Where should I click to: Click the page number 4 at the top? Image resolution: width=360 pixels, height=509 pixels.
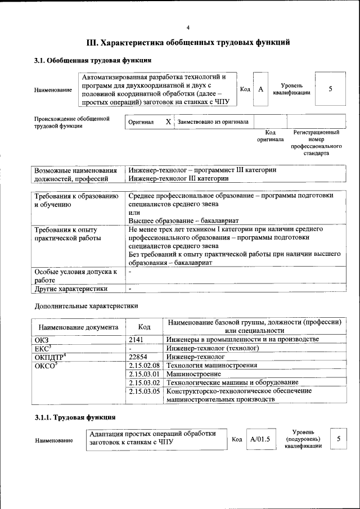tap(188, 28)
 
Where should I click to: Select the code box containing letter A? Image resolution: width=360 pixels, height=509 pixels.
tap(260, 89)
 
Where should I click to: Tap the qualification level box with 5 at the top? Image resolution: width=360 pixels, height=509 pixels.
tap(330, 89)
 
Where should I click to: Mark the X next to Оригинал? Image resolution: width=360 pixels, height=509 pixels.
tap(168, 121)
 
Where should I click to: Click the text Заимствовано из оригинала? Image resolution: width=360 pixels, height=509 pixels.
tap(213, 122)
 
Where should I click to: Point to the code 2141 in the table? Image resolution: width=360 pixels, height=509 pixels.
tap(137, 339)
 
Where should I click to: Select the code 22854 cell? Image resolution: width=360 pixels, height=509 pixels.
tap(138, 357)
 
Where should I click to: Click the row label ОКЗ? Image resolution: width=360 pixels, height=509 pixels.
tap(43, 339)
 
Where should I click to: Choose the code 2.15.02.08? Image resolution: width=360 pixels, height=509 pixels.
tap(145, 366)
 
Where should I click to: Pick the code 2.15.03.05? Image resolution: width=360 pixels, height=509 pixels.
tap(145, 391)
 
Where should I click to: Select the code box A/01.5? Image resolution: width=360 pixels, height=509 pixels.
tap(260, 439)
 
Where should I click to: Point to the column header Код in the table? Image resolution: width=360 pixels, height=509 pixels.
tap(144, 327)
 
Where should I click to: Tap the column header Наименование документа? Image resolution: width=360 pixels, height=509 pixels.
tap(78, 327)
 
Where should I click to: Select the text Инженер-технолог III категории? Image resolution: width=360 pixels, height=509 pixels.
tap(178, 179)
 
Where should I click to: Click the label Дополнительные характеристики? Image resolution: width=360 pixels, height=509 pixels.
tap(86, 306)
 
